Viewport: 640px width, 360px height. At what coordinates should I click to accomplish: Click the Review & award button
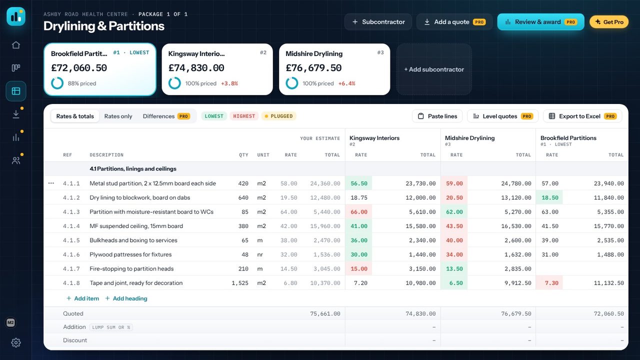[x=540, y=22]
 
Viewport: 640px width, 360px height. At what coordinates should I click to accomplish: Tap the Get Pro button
[x=609, y=22]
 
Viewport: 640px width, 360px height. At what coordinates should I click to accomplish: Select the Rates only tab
[x=118, y=116]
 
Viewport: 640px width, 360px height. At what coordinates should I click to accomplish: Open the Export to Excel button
[x=582, y=116]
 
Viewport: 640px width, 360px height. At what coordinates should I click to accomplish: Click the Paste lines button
[x=437, y=116]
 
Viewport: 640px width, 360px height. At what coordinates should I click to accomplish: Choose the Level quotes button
[x=503, y=116]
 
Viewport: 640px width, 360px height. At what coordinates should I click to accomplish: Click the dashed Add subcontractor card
[x=434, y=69]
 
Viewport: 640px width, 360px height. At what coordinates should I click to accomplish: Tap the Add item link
[x=82, y=298]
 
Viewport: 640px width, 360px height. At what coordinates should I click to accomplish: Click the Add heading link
[x=126, y=298]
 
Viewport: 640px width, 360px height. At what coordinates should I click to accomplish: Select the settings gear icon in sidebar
[x=16, y=342]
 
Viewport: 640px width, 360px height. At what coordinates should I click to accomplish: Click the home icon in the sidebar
[x=16, y=45]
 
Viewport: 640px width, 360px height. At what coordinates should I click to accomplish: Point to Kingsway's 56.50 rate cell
[x=359, y=183]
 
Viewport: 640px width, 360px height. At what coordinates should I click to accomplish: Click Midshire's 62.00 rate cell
[x=454, y=212]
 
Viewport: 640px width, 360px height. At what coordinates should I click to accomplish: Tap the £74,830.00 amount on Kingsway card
[x=196, y=68]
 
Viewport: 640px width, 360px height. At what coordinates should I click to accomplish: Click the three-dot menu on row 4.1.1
[x=51, y=183]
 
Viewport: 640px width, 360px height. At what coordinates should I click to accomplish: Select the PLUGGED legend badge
[x=279, y=116]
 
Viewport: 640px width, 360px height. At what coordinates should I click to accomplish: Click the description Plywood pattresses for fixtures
[x=130, y=254]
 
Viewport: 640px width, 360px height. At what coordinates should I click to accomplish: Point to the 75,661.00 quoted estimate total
[x=325, y=313]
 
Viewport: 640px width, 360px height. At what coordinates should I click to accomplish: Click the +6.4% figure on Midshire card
[x=346, y=83]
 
